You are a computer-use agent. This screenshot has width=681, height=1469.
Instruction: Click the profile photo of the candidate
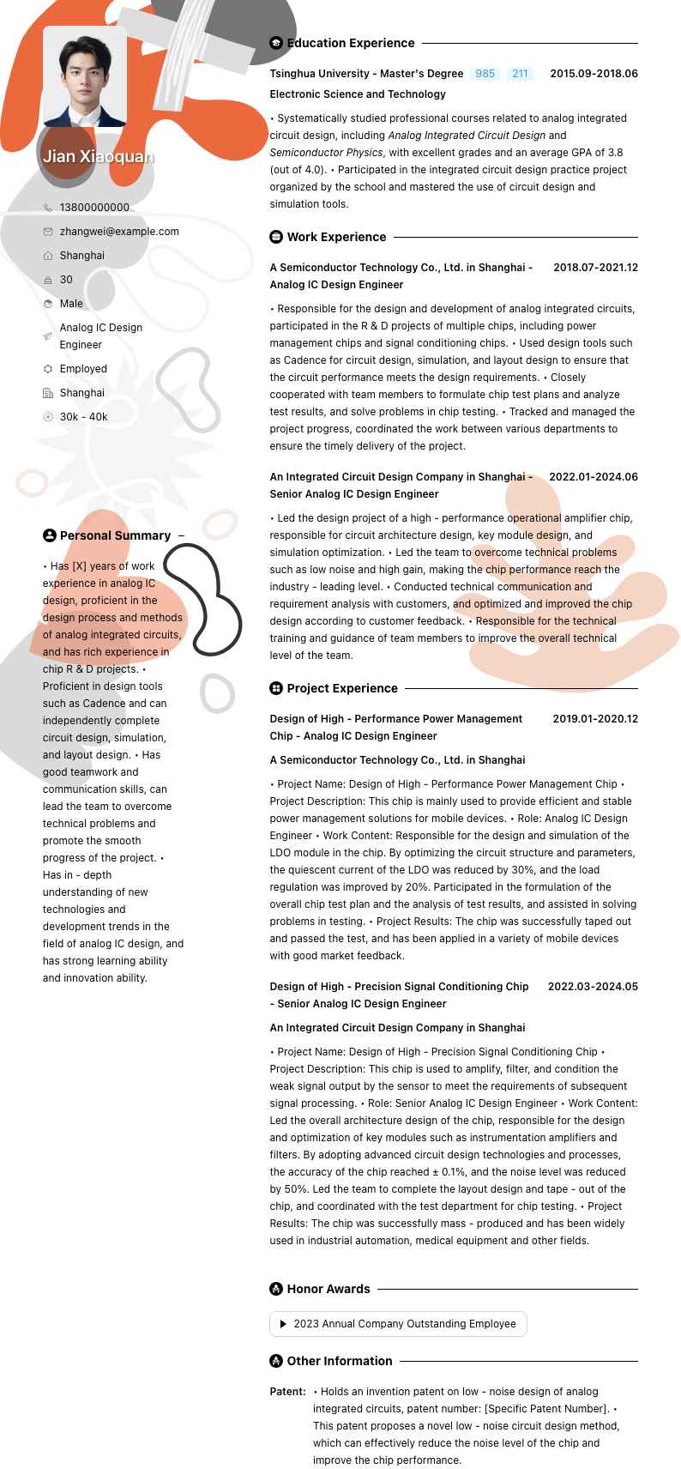[85, 76]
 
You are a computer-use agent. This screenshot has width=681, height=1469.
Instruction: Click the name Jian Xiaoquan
[98, 156]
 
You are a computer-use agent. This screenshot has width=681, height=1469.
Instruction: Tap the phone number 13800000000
[94, 208]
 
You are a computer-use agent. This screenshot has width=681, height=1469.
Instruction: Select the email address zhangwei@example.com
[119, 232]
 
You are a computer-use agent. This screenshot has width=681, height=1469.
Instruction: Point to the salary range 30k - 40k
[83, 417]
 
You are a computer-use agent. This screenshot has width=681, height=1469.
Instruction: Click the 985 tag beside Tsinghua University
[485, 74]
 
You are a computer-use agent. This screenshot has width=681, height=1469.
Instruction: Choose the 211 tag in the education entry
[520, 74]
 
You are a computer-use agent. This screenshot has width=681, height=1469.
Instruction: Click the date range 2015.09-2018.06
[594, 74]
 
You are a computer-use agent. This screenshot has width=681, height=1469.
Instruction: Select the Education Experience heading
[350, 43]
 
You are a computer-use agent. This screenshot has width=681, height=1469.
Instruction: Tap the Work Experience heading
[336, 237]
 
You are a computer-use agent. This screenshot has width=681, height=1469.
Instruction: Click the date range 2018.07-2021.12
[595, 268]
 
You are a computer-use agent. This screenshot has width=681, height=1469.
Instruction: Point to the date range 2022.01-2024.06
[594, 477]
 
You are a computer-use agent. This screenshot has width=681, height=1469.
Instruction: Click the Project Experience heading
[342, 688]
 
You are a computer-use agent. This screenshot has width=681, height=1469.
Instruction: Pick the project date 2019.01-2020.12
[595, 719]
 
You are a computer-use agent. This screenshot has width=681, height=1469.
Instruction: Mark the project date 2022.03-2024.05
[593, 987]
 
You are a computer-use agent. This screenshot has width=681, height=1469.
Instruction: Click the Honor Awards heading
[328, 1289]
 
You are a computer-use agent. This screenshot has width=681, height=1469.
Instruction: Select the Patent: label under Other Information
[287, 1392]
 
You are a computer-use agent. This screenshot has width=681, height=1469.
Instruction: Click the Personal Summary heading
[115, 535]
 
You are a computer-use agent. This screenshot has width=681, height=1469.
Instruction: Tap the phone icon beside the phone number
[48, 208]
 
